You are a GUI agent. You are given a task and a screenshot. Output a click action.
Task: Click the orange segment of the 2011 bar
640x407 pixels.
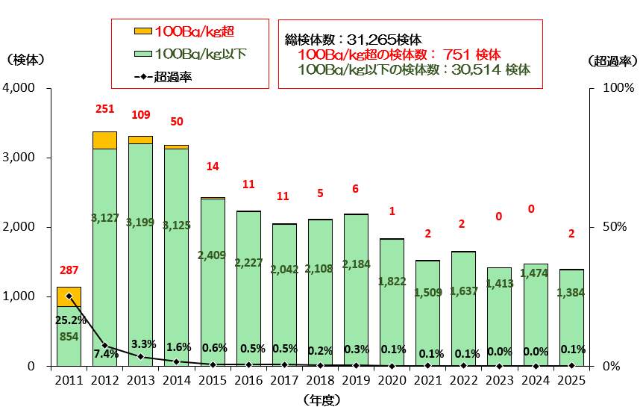tap(69, 296)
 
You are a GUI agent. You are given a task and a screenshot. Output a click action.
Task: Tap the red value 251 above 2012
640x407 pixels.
tap(105, 109)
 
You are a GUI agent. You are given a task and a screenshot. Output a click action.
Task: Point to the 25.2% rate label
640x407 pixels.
tap(69, 320)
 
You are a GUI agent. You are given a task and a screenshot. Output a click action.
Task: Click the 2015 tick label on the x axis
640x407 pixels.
tap(212, 381)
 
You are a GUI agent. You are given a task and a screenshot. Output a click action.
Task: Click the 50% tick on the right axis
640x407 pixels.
tap(608, 227)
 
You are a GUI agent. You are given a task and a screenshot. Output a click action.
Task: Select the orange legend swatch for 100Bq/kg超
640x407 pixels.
tap(142, 31)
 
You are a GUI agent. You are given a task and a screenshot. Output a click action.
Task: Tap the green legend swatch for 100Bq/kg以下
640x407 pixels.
tap(142, 54)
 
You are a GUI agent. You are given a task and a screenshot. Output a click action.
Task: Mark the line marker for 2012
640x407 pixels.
tap(104, 345)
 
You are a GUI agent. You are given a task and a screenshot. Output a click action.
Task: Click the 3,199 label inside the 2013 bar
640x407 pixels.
tap(140, 223)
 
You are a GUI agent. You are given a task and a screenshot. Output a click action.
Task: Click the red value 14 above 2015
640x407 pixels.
tap(212, 167)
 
